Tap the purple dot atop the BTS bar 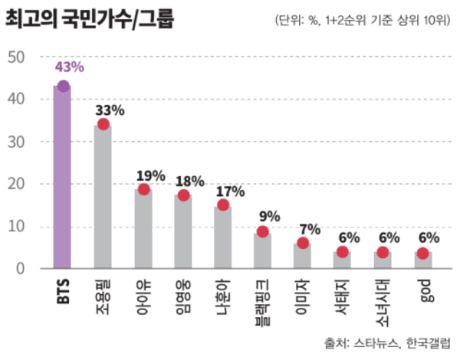pos(63,86)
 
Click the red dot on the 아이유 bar pos(143,189)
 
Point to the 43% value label pos(69,67)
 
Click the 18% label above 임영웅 pos(189,181)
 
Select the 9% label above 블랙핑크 pos(269,217)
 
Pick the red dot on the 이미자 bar pos(303,243)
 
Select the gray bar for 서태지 pos(342,260)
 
